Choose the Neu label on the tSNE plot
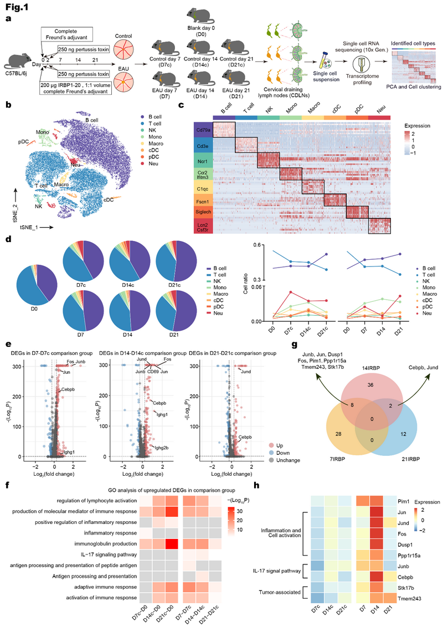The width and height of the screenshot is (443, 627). pyautogui.click(x=73, y=164)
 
